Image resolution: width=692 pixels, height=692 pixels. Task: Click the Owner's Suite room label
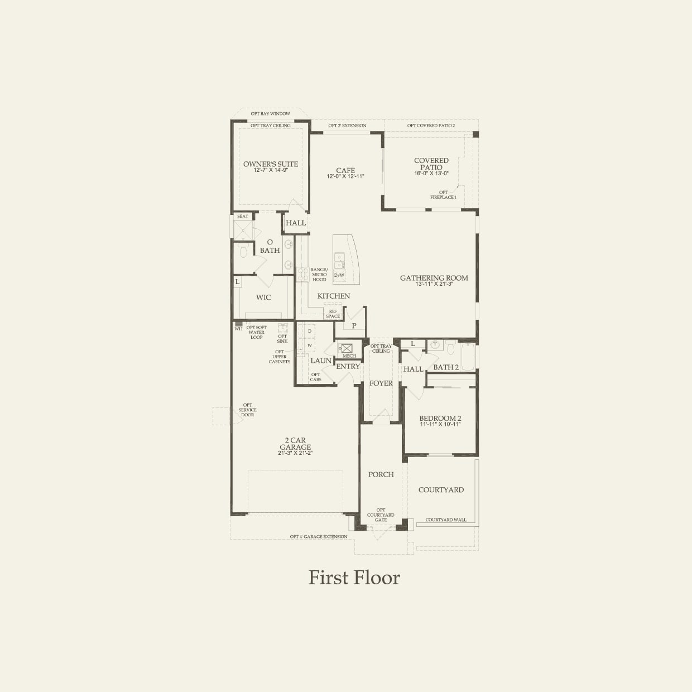[x=271, y=164]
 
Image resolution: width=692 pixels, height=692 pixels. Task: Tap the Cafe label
[x=345, y=171]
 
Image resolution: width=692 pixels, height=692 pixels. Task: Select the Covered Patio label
[x=431, y=164]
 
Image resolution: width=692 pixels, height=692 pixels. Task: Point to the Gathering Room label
[x=434, y=278]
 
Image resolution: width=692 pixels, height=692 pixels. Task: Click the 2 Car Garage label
[x=295, y=444]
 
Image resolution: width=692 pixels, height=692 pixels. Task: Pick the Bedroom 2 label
[x=440, y=419]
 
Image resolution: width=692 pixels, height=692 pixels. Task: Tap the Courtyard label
[x=441, y=490]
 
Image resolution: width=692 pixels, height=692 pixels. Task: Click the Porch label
[x=381, y=474]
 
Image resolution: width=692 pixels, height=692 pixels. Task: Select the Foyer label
[x=381, y=383]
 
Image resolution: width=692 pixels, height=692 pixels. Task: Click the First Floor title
[x=354, y=578]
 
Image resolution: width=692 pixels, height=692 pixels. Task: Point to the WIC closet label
[x=263, y=297]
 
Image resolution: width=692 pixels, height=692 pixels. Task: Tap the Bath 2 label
[x=446, y=367]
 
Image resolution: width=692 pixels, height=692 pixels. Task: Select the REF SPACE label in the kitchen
[x=333, y=314]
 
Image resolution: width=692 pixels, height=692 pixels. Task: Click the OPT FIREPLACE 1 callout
[x=443, y=195]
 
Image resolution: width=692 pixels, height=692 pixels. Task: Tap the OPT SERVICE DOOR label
[x=247, y=410]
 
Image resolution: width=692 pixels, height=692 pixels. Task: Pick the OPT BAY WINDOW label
[x=271, y=114]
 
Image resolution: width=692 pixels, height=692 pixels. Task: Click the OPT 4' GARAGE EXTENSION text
[x=319, y=537]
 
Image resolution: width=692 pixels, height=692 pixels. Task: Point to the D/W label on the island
[x=339, y=275]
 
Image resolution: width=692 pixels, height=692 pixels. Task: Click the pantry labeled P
[x=354, y=325]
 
